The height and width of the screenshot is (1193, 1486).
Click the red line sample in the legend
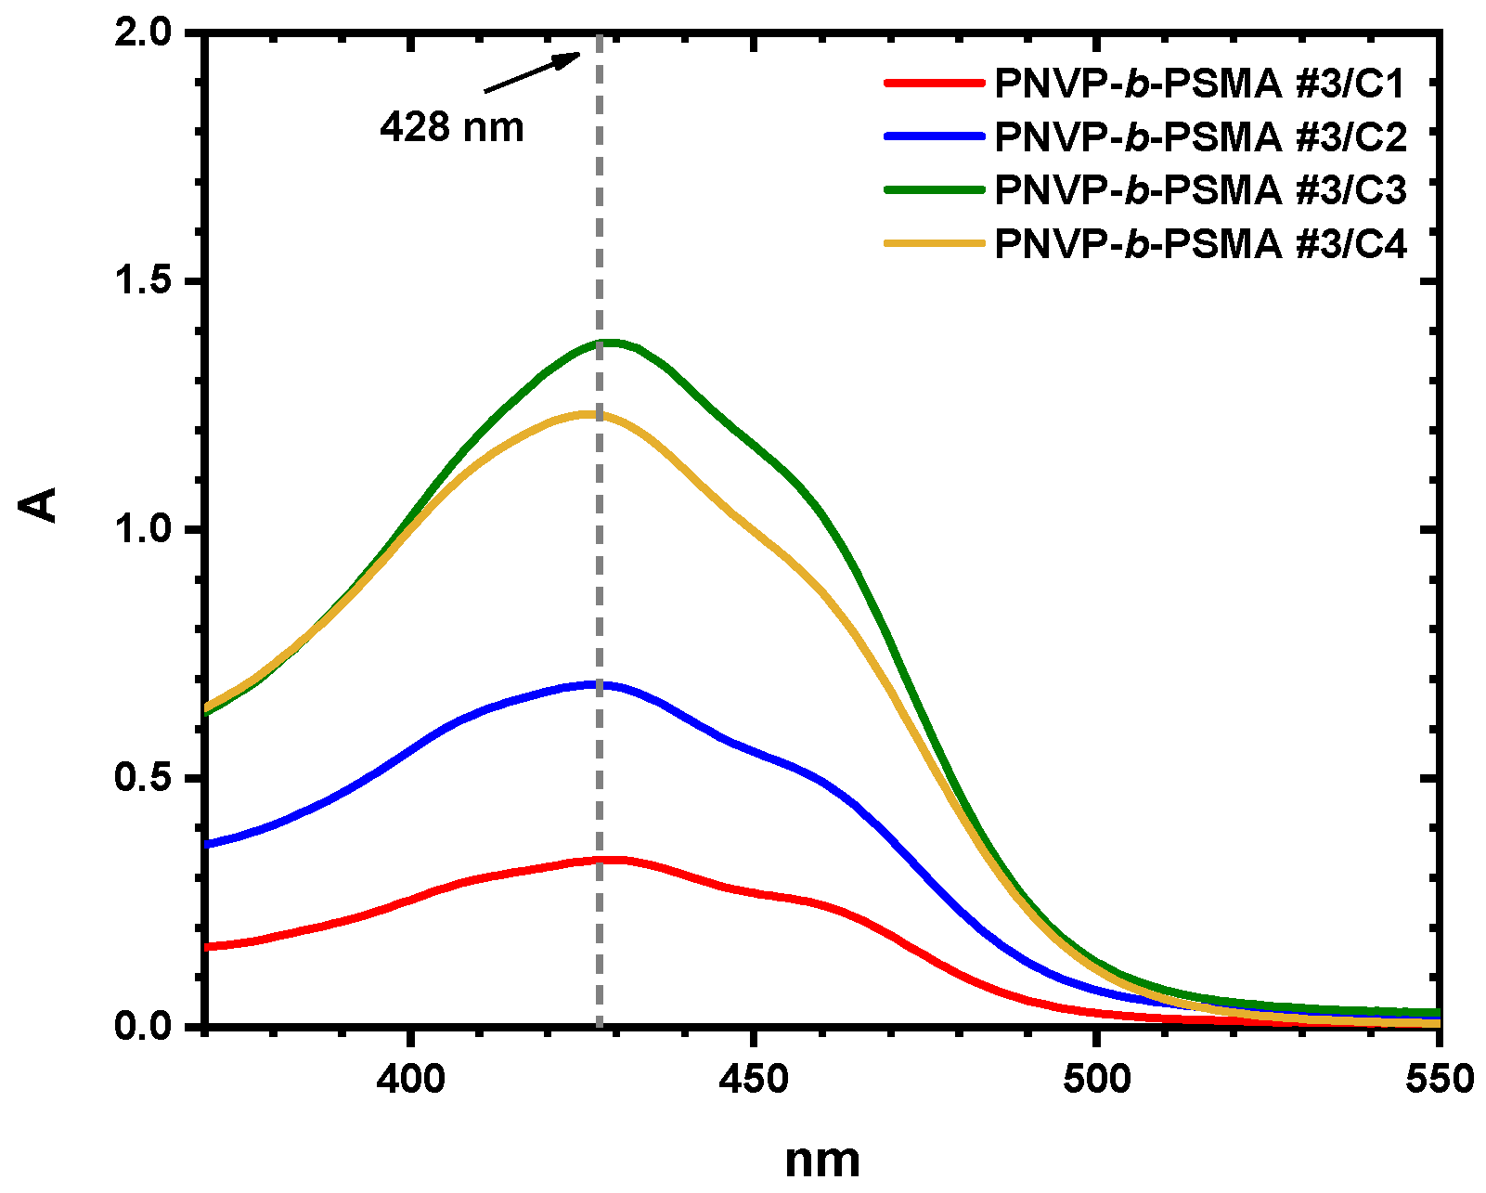pos(933,83)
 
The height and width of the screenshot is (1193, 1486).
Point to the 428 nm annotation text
pos(452,127)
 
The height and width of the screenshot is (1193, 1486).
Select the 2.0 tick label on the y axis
pos(142,33)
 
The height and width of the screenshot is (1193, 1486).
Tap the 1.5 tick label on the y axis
pos(142,281)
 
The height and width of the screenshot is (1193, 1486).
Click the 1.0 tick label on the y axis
pos(142,529)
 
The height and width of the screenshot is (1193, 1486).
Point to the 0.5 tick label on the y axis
pos(142,778)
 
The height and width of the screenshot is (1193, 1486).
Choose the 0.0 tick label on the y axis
pos(142,1026)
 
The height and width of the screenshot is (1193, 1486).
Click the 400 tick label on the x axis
pos(410,1079)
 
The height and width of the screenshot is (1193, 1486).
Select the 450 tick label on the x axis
pos(754,1079)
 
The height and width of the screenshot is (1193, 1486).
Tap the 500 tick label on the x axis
pos(1096,1079)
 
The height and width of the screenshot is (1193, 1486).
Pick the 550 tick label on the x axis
pos(1439,1079)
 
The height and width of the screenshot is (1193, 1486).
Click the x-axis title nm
pos(822,1160)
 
